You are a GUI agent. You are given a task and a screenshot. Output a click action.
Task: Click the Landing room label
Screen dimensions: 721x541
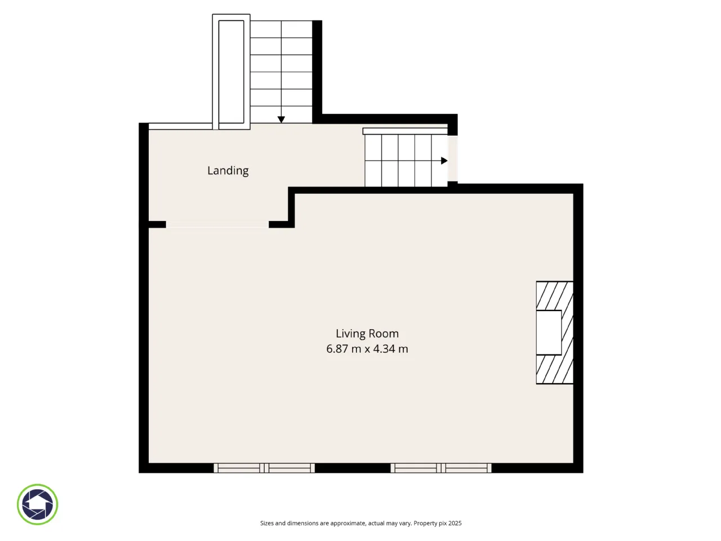(x=228, y=171)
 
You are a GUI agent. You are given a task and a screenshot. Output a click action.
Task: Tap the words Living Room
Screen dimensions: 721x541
(x=367, y=334)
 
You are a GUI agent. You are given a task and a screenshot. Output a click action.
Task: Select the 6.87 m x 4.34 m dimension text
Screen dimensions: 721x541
(x=367, y=348)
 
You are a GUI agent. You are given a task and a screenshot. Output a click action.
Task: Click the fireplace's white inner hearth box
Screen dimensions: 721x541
(x=549, y=332)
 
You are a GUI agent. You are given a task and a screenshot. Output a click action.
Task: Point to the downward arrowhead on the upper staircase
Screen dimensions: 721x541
(x=281, y=119)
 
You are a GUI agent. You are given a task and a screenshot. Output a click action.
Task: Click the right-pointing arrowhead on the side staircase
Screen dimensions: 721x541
(x=444, y=161)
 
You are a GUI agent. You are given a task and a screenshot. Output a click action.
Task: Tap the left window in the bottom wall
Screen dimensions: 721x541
(x=264, y=468)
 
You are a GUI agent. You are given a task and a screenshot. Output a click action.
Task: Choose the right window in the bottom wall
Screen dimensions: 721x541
(x=441, y=468)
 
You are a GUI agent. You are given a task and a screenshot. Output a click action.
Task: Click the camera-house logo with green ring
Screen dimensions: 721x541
(x=37, y=504)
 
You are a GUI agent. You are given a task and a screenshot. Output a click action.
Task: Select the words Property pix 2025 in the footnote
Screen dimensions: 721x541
(x=438, y=523)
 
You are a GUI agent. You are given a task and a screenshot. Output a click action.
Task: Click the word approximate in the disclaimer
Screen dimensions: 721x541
(x=348, y=524)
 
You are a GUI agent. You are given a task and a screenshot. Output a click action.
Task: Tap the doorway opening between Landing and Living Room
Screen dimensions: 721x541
(x=217, y=225)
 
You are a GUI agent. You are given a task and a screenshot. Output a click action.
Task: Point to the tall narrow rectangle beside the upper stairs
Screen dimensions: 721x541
(x=232, y=72)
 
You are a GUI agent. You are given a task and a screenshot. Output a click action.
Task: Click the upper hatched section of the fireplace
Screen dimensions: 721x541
(x=555, y=296)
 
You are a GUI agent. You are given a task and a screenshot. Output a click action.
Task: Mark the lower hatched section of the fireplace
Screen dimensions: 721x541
(x=555, y=369)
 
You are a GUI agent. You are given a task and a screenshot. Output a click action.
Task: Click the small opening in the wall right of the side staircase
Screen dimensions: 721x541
(x=453, y=158)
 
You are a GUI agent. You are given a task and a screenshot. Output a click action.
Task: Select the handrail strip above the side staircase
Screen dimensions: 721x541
(x=405, y=131)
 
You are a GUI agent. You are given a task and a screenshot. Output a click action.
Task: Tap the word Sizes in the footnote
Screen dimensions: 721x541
(x=267, y=523)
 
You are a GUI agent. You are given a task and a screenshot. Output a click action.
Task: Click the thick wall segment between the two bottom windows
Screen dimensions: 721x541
(x=353, y=468)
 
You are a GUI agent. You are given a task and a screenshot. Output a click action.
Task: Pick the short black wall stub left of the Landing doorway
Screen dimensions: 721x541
(x=157, y=225)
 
